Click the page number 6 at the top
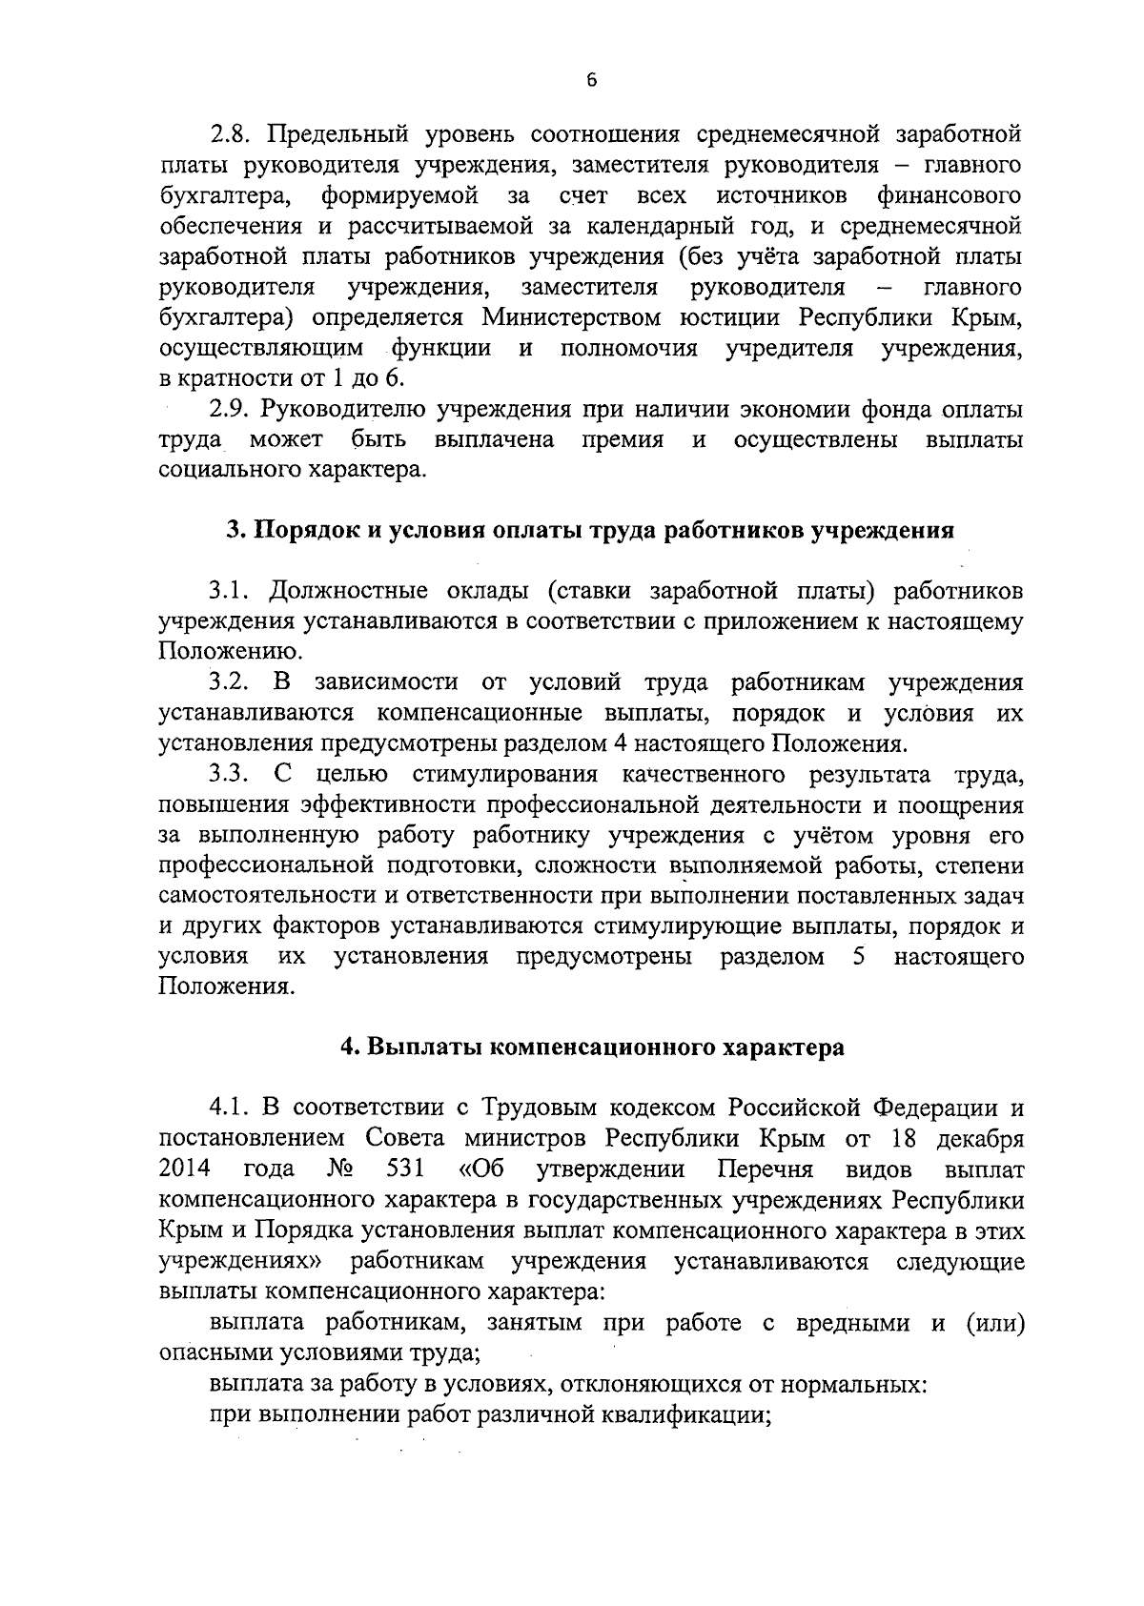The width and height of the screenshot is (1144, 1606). [x=591, y=81]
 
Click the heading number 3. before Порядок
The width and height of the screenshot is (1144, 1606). [x=235, y=531]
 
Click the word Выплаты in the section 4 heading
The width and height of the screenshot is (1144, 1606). [x=423, y=1047]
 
